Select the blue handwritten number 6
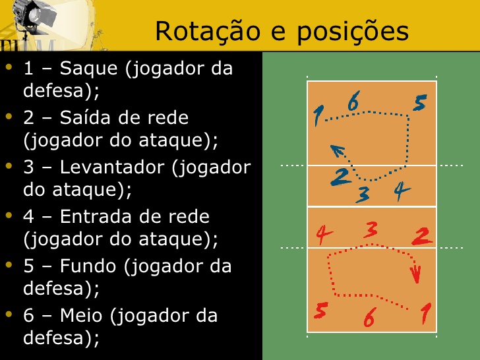point(353,102)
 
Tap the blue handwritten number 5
point(421,103)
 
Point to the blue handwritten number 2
point(341,177)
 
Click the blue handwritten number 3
point(363,195)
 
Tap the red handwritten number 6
point(369,318)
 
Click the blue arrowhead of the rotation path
point(336,150)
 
